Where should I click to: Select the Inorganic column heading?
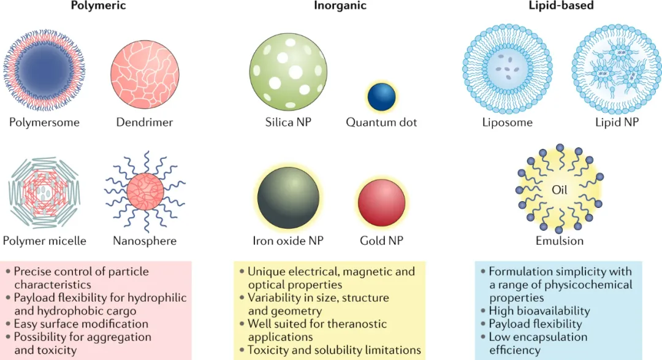coord(340,6)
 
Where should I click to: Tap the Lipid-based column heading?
coord(560,6)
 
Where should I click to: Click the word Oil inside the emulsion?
coord(560,190)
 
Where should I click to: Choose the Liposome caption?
coord(507,122)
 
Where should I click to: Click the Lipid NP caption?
coord(617,122)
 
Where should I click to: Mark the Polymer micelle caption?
coord(44,241)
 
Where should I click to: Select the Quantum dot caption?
coord(381,122)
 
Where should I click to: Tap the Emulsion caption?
coord(560,241)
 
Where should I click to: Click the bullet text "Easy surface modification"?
coord(81,323)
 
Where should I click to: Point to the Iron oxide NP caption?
coord(288,241)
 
